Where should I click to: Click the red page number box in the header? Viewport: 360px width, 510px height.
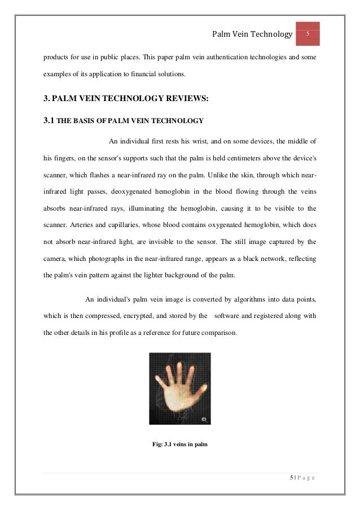[308, 34]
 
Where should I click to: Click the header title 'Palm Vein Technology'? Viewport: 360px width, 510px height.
[252, 35]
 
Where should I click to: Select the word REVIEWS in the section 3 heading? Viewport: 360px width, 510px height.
[181, 99]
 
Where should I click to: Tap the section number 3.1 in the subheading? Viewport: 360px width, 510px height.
[50, 121]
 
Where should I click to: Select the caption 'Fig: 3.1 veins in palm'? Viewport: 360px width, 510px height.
[180, 444]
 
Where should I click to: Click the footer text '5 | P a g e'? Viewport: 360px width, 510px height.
[302, 478]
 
